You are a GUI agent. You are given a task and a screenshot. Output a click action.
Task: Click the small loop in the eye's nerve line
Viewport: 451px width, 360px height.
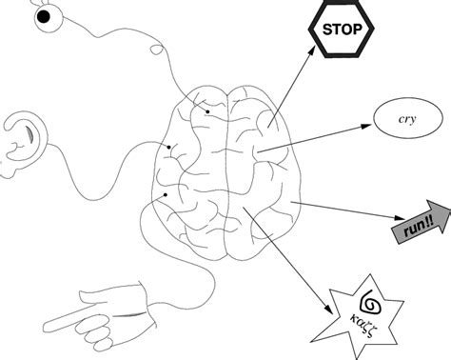point(154,44)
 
